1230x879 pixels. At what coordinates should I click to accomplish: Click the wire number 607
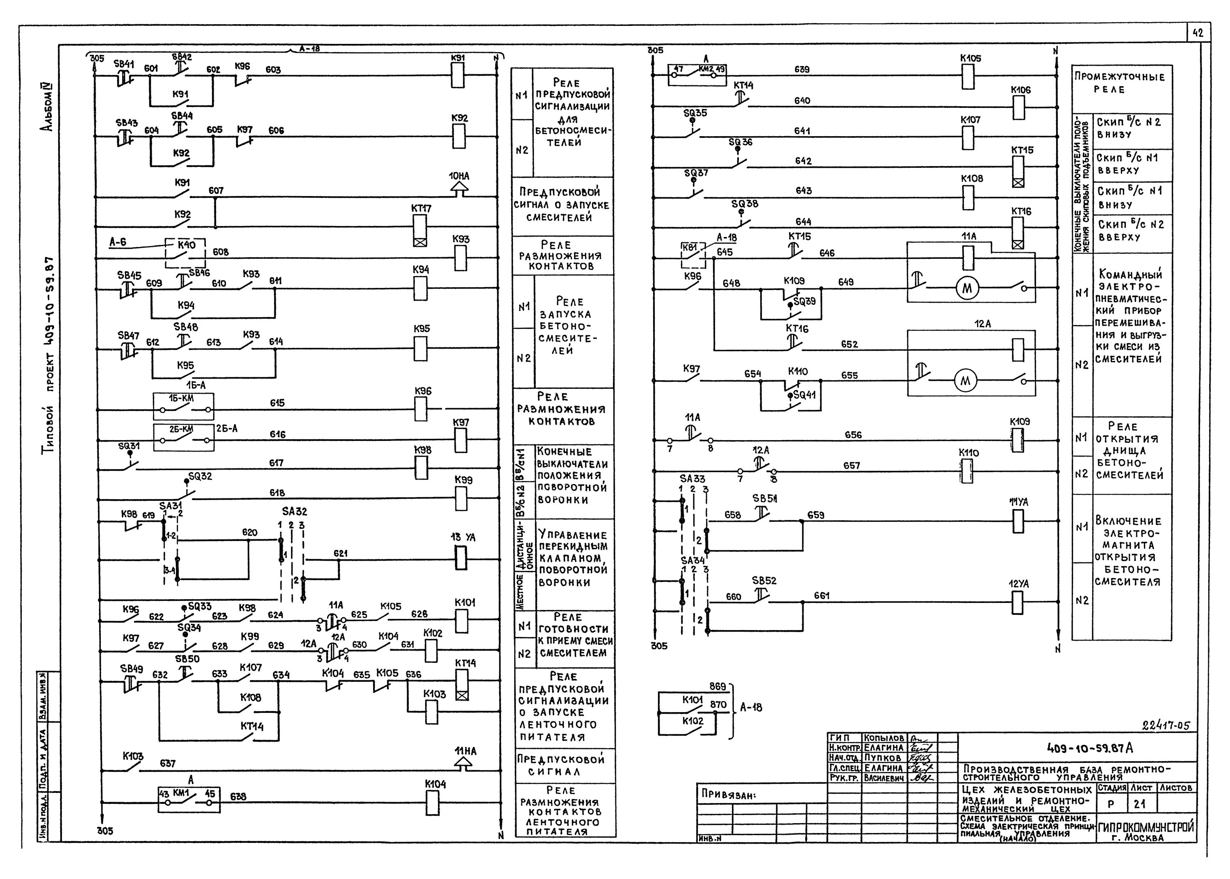pyautogui.click(x=216, y=190)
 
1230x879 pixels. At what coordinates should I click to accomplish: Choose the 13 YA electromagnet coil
pyautogui.click(x=460, y=557)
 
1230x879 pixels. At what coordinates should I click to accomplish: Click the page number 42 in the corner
pyautogui.click(x=1198, y=33)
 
